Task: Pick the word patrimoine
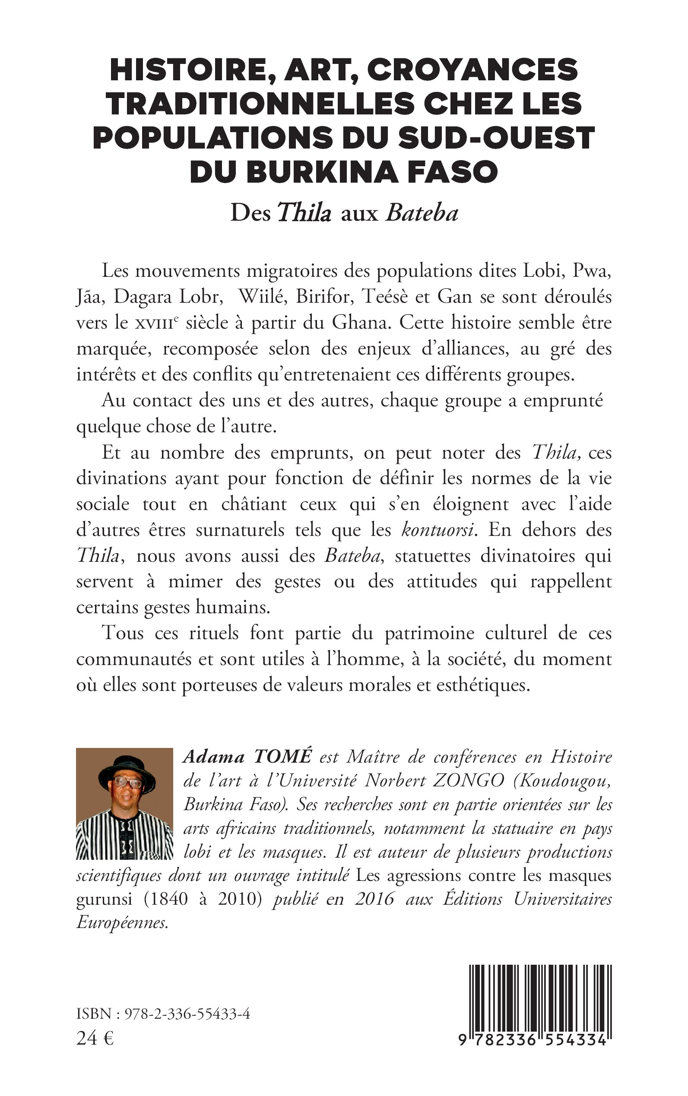pos(430,633)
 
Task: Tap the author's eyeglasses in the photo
pos(127,782)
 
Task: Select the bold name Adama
pos(214,757)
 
